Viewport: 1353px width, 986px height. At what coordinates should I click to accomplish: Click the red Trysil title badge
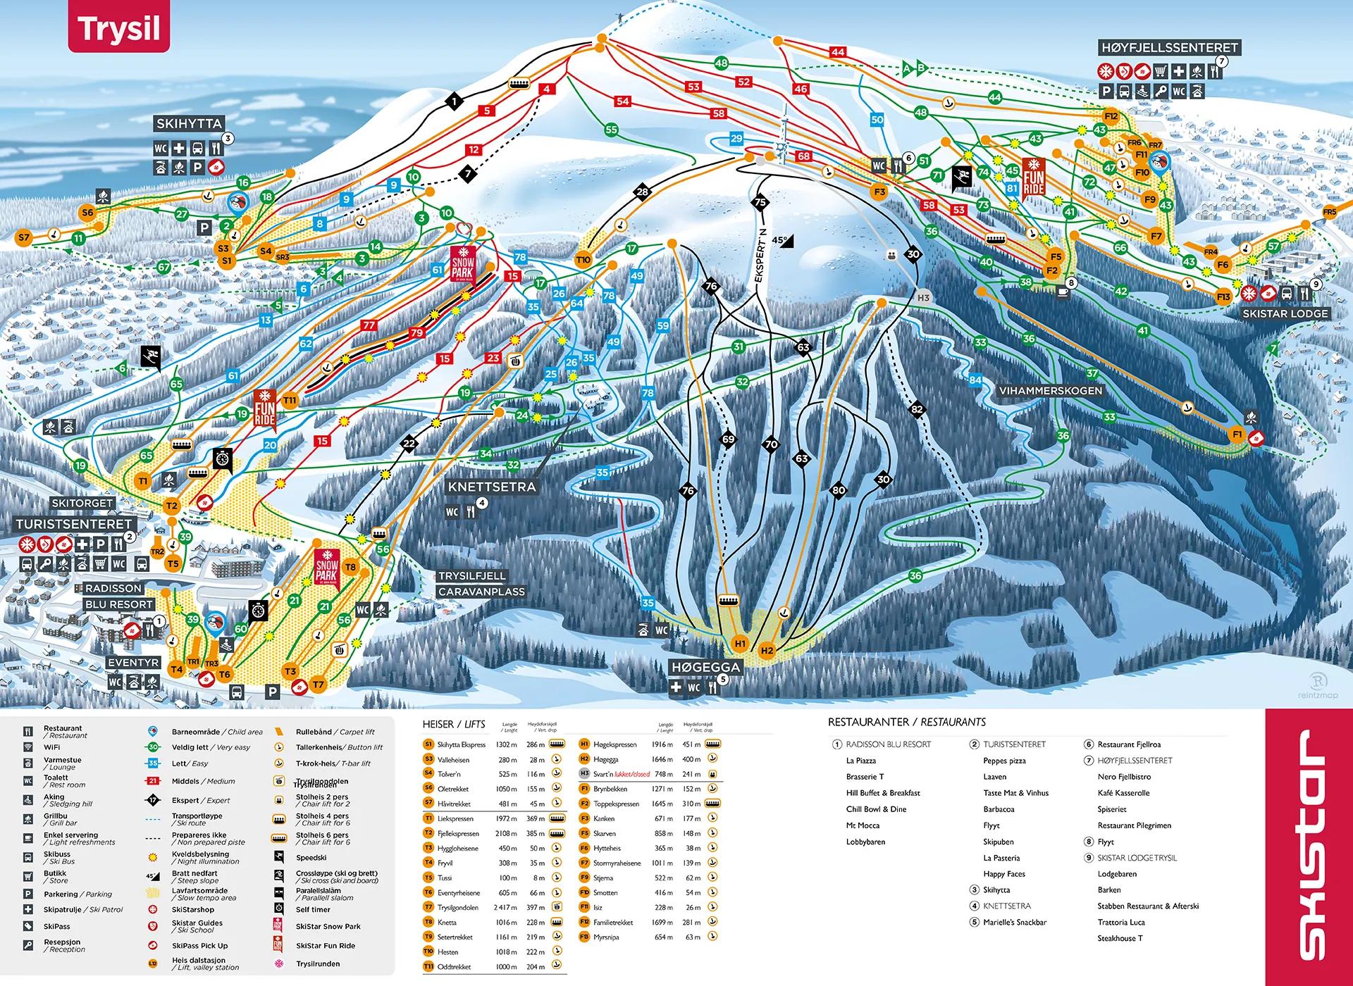[x=119, y=28]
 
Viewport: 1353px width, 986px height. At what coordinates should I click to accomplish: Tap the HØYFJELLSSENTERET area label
[x=1169, y=48]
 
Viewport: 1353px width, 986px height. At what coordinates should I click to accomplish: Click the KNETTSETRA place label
[x=492, y=487]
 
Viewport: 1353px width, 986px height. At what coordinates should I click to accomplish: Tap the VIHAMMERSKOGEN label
[x=1050, y=390]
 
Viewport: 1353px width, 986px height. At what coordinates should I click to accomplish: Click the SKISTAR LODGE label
[x=1285, y=313]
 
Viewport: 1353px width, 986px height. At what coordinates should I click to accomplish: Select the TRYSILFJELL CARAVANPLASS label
[x=481, y=584]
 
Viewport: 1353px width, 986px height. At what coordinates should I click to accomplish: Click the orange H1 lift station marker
[x=740, y=644]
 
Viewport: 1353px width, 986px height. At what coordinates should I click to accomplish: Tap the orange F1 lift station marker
[x=1237, y=435]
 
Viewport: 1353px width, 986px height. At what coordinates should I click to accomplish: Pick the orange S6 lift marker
[x=87, y=213]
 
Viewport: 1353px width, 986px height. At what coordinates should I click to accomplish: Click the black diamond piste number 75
[x=760, y=202]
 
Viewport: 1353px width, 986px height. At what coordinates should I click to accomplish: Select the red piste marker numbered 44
[x=837, y=52]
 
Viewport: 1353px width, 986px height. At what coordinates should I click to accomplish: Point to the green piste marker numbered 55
[x=611, y=130]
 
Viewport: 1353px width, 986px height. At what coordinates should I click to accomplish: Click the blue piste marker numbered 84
[x=975, y=380]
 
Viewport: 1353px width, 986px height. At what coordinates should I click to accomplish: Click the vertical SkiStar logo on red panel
[x=1308, y=844]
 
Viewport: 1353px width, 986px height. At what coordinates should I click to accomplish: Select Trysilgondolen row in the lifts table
[x=493, y=907]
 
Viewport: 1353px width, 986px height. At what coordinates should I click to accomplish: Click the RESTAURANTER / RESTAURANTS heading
[x=906, y=722]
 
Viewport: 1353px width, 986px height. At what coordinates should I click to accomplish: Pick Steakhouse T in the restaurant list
[x=1120, y=938]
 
